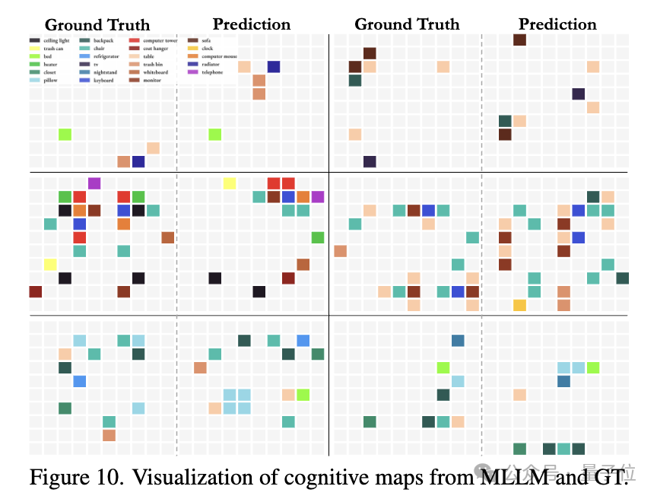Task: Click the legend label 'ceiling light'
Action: [56, 40]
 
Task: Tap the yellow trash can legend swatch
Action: [35, 48]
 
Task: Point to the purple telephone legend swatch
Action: [193, 72]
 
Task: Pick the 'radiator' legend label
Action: [212, 64]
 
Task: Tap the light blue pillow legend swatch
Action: [35, 80]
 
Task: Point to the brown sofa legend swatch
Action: [193, 40]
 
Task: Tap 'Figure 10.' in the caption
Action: [71, 478]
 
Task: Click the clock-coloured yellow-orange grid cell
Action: [519, 305]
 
